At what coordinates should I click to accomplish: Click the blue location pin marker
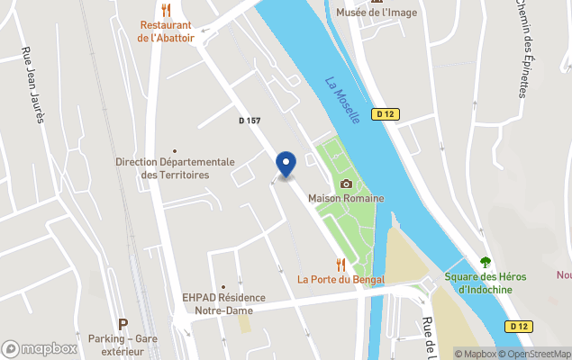tap(286, 164)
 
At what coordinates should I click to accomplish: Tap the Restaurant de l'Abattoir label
tap(166, 31)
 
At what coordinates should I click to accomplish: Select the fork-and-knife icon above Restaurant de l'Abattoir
tap(166, 10)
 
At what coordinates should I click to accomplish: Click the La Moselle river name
tap(342, 99)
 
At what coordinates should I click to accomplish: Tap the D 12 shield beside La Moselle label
tap(386, 114)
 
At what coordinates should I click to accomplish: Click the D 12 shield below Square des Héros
tap(517, 326)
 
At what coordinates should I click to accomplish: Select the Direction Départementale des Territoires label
tap(175, 167)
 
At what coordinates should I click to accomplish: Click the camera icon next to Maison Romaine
tap(346, 184)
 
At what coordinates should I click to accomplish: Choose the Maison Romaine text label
tap(346, 198)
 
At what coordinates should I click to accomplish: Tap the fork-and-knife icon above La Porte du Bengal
tap(340, 265)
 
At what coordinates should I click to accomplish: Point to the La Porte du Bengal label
tap(340, 279)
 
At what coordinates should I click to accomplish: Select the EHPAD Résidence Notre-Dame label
tap(223, 304)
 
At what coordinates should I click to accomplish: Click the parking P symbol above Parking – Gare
tap(123, 323)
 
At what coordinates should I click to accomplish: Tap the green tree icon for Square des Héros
tap(486, 262)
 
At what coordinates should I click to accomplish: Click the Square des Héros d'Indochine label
tap(486, 283)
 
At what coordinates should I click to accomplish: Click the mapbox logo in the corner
tap(40, 348)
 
